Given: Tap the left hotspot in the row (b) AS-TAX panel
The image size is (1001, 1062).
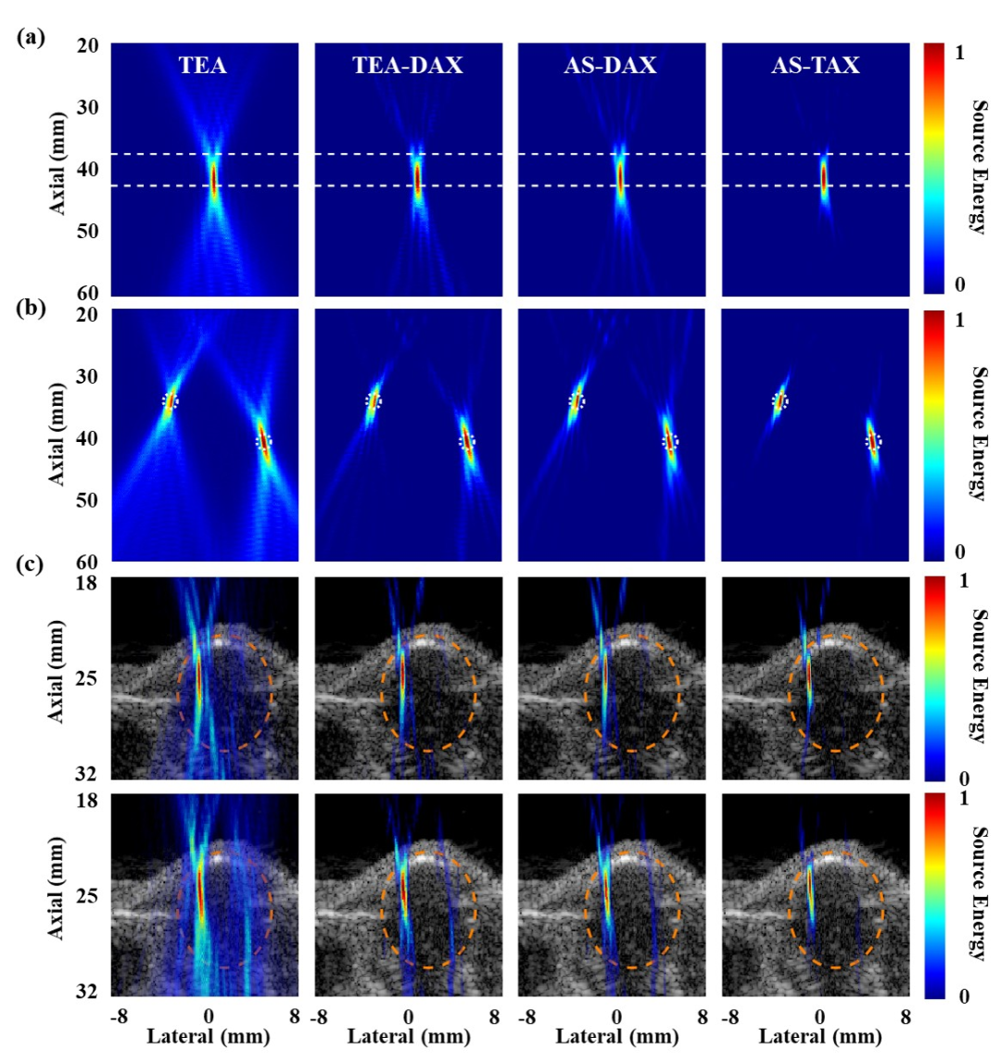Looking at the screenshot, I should coord(779,401).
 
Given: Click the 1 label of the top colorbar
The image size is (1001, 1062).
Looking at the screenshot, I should coord(958,54).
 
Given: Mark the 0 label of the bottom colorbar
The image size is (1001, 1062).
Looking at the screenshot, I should coord(958,996).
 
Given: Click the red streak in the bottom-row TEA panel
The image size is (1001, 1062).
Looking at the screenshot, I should coord(199,890).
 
